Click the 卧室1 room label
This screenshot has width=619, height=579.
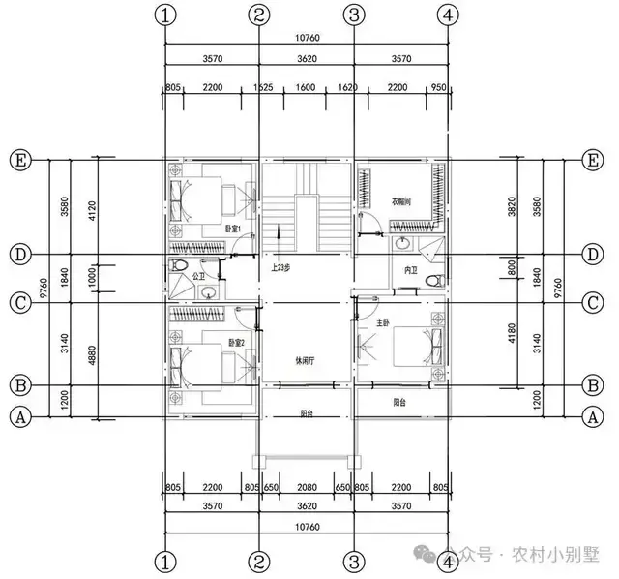tap(232, 229)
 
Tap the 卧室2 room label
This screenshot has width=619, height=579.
tap(236, 342)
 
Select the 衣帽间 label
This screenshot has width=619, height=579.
tap(401, 202)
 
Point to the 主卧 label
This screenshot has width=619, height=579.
tap(385, 322)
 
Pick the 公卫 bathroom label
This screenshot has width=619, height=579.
tap(201, 276)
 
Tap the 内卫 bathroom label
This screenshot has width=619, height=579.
tap(410, 270)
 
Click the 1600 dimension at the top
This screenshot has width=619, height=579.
tap(305, 87)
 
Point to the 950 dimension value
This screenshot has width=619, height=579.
tap(438, 87)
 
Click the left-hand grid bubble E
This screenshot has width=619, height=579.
tap(17, 160)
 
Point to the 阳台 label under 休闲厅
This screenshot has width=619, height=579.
tap(307, 413)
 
